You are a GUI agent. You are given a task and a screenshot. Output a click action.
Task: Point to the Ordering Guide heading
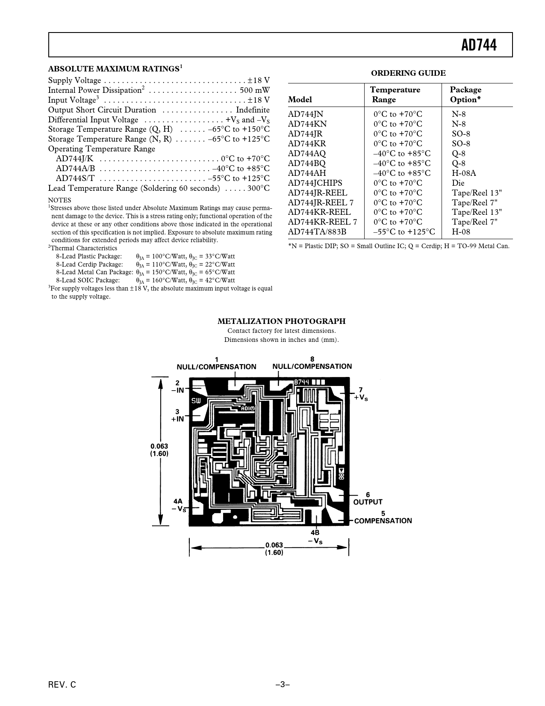[408, 73]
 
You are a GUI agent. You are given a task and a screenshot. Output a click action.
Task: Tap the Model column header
[300, 100]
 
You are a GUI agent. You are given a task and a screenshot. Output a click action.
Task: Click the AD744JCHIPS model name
[315, 183]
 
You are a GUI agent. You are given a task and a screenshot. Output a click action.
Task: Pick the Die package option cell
[458, 183]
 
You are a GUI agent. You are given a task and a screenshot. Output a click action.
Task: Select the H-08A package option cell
[464, 173]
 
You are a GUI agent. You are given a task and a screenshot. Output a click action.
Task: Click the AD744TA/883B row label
[317, 232]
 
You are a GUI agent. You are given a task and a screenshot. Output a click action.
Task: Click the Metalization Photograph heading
[281, 321]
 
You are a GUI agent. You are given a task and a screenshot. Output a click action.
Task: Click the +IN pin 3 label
[177, 415]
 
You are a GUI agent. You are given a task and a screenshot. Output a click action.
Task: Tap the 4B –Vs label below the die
[315, 537]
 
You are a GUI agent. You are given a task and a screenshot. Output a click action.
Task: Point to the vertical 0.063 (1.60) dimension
[159, 450]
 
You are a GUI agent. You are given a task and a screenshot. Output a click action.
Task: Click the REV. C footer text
[62, 685]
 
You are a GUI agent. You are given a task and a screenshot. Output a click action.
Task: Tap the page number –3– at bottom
[283, 685]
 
